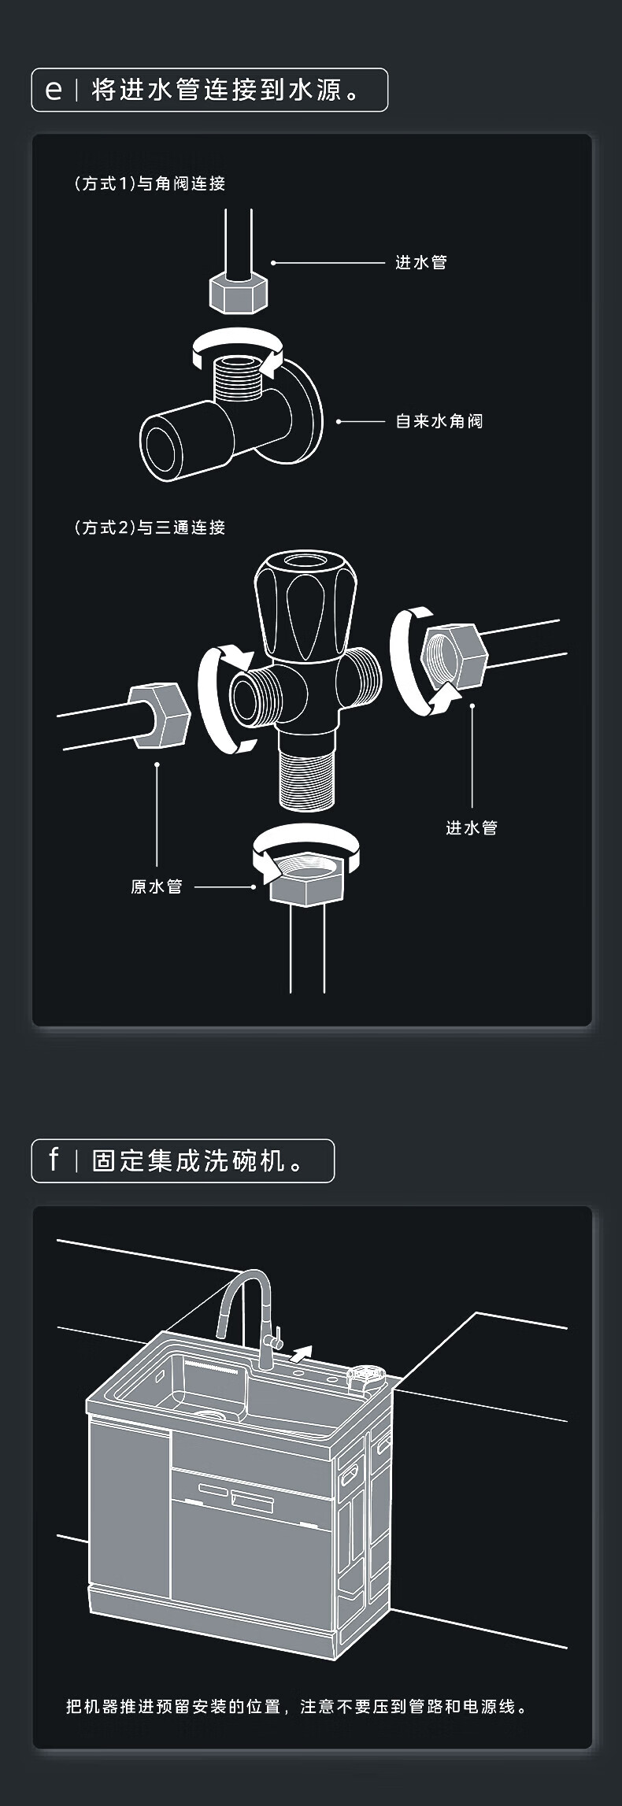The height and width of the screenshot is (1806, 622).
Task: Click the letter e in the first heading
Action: click(54, 90)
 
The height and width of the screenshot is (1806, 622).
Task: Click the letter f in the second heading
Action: click(54, 1160)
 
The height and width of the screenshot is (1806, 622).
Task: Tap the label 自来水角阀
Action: click(439, 421)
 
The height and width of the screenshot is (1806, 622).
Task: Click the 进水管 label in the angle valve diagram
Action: click(420, 262)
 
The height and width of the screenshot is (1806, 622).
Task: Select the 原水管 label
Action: click(156, 886)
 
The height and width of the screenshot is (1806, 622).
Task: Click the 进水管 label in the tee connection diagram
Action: click(471, 827)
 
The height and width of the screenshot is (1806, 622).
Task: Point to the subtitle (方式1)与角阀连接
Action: click(150, 183)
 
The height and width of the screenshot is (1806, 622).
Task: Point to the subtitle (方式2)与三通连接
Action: click(150, 527)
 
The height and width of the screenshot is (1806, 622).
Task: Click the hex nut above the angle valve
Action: click(239, 292)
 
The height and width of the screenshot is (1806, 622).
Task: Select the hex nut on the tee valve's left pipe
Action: click(158, 714)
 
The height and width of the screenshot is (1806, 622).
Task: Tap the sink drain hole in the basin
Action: click(210, 1416)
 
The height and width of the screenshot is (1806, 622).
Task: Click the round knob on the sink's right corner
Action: click(366, 1374)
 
